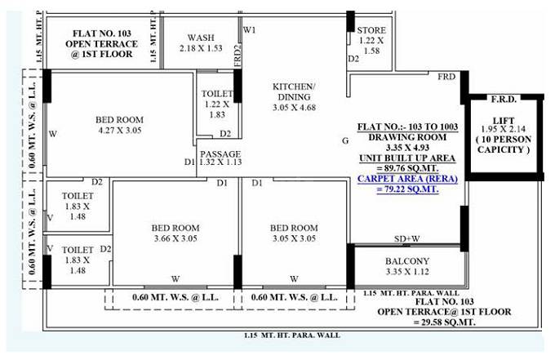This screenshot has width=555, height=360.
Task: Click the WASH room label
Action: pyautogui.click(x=201, y=38)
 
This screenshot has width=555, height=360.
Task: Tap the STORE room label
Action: pyautogui.click(x=371, y=30)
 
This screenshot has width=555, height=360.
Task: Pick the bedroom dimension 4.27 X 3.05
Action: pyautogui.click(x=113, y=128)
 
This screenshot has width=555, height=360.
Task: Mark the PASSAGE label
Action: pyautogui.click(x=220, y=153)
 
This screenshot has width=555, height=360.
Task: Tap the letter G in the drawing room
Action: pyautogui.click(x=345, y=140)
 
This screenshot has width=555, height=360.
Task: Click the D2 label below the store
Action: pyautogui.click(x=353, y=59)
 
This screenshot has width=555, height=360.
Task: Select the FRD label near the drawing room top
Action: pyautogui.click(x=446, y=76)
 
